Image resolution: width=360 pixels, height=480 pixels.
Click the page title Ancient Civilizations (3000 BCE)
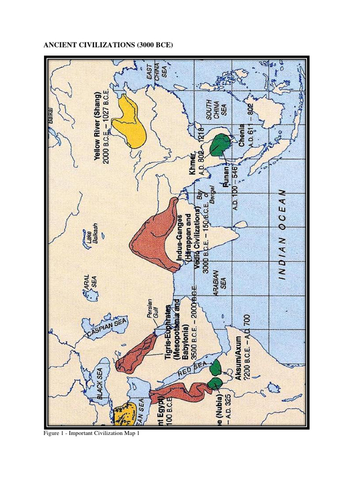point(108,45)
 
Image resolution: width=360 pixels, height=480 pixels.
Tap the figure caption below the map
point(92,434)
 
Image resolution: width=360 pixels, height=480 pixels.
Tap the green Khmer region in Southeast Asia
point(219,145)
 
